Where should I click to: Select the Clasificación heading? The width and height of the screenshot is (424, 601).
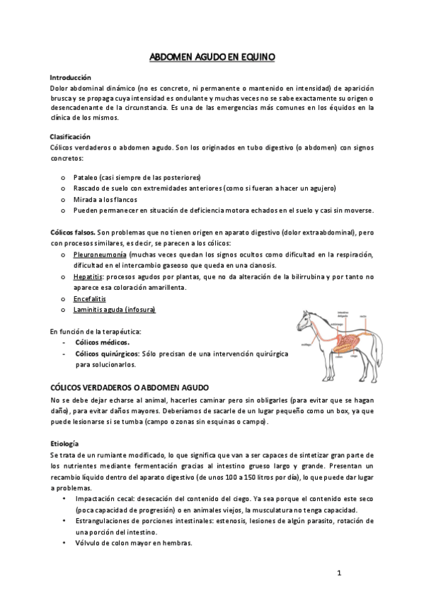(70, 136)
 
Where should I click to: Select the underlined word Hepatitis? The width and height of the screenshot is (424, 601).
(88, 276)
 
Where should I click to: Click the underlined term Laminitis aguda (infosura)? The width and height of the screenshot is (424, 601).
(114, 310)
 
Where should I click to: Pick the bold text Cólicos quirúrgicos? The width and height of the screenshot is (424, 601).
(107, 353)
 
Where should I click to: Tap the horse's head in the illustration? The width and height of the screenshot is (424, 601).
(304, 317)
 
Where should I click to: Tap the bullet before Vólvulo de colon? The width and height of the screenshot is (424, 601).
(64, 544)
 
